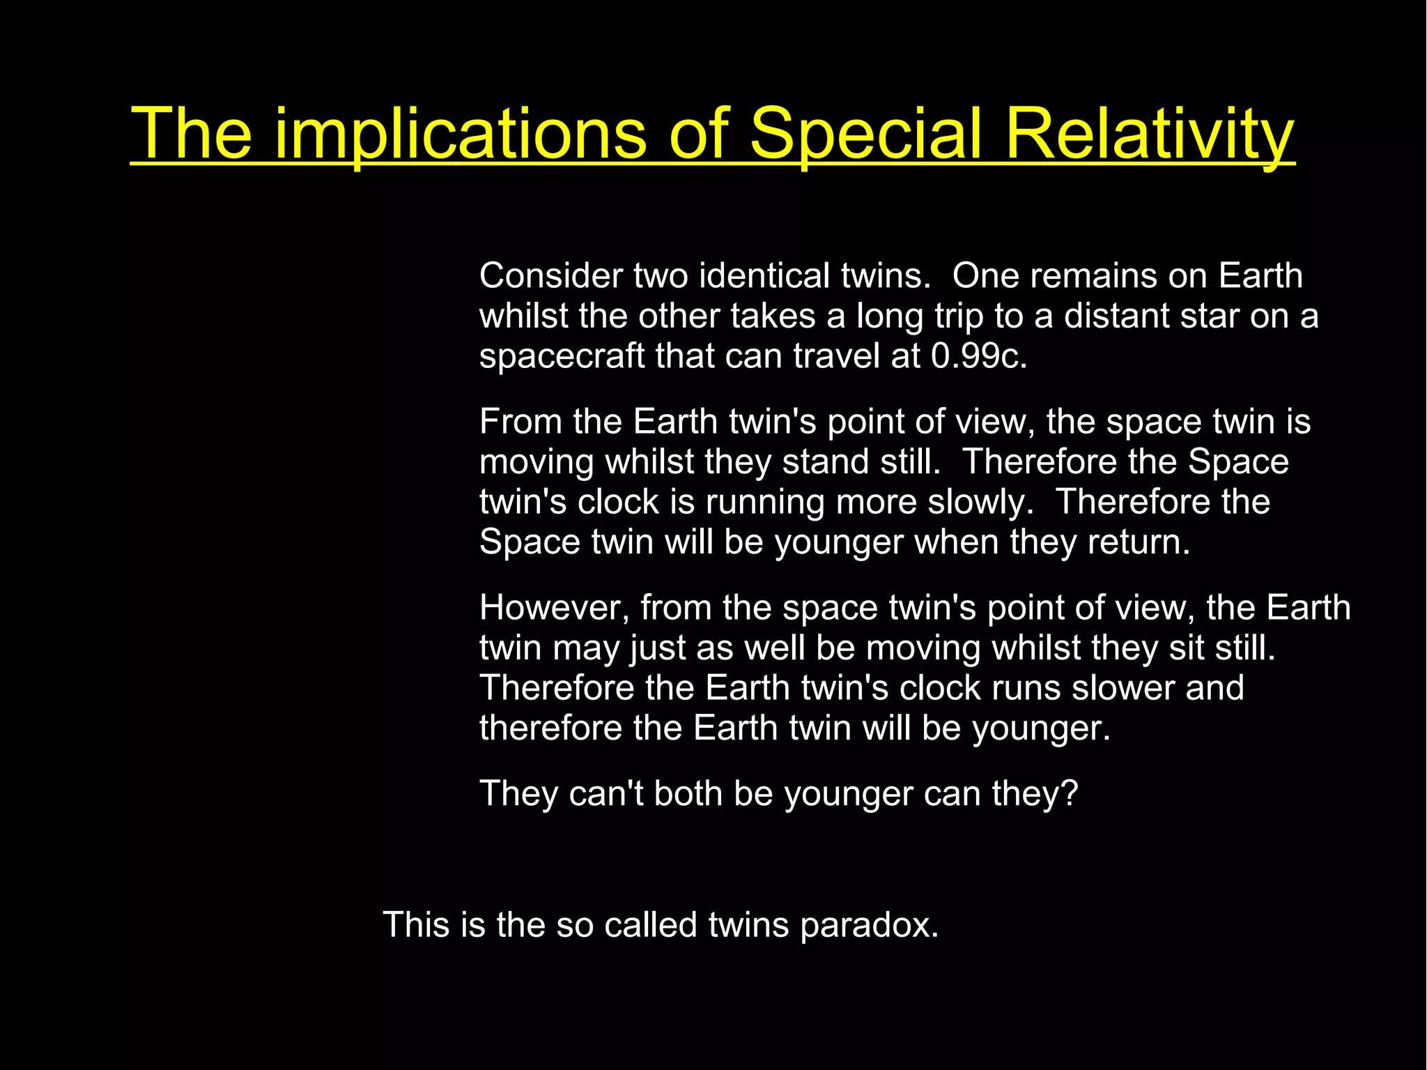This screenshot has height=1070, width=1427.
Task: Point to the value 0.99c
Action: (978, 356)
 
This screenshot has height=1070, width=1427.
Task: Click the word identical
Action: (764, 276)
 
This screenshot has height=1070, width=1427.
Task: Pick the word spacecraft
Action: (562, 356)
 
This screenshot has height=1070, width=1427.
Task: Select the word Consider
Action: (551, 276)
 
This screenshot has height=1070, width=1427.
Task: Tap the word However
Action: (555, 608)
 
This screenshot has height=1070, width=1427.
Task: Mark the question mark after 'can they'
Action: (1071, 793)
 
